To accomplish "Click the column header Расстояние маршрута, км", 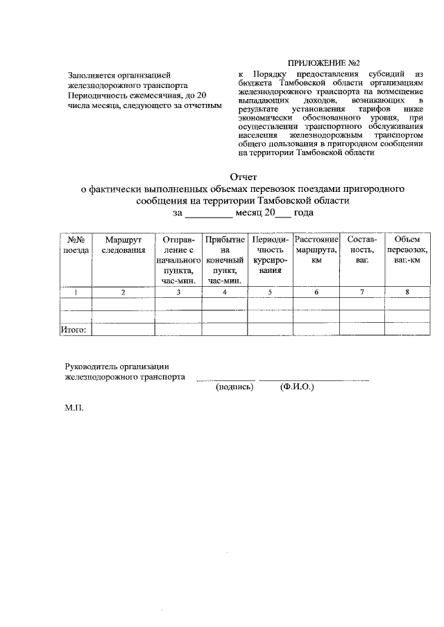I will click(316, 249).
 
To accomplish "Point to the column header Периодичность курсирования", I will click(270, 255).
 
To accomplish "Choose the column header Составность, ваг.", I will click(360, 249).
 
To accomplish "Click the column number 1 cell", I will click(76, 292).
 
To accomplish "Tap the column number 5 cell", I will click(270, 292).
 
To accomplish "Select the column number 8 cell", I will click(407, 292).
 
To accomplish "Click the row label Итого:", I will click(74, 330).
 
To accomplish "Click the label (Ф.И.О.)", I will click(298, 388).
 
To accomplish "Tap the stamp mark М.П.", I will click(74, 409).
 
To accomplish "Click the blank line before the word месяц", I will click(210, 215).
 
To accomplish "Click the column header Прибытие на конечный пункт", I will click(225, 260).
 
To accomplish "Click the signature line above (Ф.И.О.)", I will click(314, 380).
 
